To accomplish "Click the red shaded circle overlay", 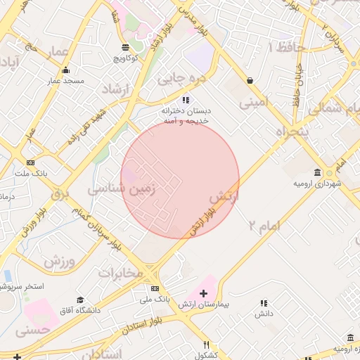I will point(180,179).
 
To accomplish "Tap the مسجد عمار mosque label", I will point(65,81).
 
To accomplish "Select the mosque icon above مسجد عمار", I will point(65,70).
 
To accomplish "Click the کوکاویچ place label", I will point(124,58).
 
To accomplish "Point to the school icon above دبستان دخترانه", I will point(186,100).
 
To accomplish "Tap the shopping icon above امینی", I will point(250,81).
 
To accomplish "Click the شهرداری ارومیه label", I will point(317,184).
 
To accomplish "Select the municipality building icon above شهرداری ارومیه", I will point(318,172).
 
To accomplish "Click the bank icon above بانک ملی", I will point(155,289).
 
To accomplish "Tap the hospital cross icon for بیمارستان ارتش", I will point(204,292).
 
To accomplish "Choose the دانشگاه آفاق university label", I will point(79,310).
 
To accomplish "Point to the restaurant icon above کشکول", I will point(206,345).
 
